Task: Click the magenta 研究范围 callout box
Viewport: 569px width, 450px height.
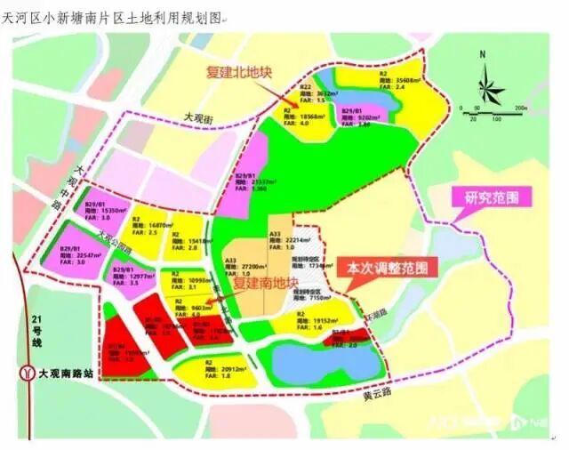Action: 492,197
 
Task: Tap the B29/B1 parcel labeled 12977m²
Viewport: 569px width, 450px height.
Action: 130,278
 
